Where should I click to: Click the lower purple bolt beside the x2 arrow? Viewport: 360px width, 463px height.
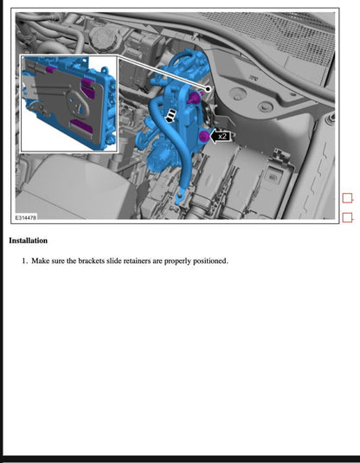(202, 136)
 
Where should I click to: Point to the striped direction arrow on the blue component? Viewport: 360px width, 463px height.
(173, 114)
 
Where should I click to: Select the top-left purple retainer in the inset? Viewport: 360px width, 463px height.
(51, 67)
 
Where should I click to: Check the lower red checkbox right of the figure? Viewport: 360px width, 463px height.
(348, 217)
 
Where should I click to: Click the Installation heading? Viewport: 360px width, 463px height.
(28, 241)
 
